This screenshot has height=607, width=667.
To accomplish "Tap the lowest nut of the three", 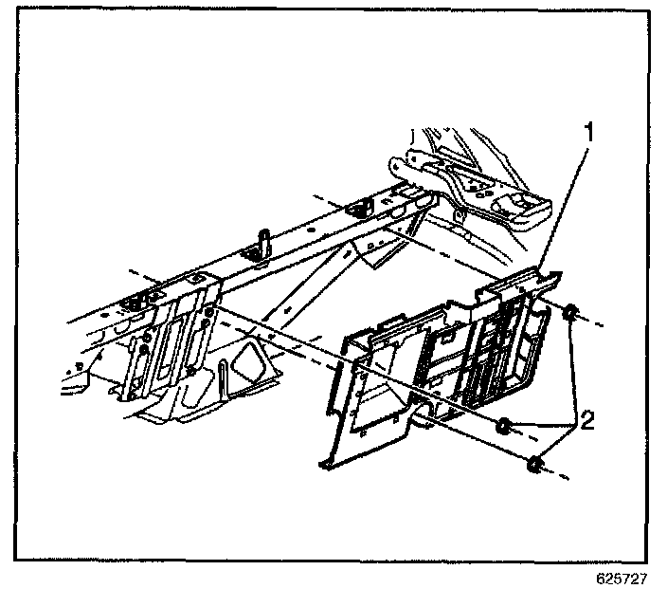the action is click(x=536, y=464).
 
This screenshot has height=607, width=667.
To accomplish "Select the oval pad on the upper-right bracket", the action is click(x=519, y=202).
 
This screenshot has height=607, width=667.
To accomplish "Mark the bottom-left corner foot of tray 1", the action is click(x=325, y=463).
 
